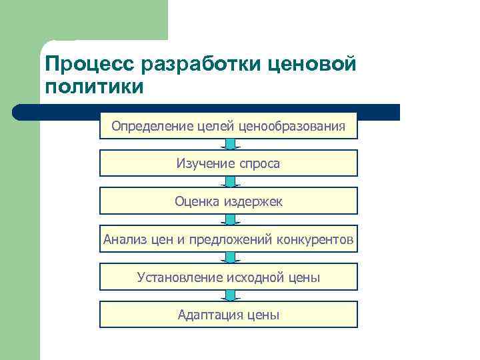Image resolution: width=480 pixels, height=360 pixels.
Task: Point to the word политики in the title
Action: click(93, 87)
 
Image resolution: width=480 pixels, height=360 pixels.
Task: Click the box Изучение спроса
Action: click(229, 163)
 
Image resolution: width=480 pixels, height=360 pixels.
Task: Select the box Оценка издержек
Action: click(229, 201)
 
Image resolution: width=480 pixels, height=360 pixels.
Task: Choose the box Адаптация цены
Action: click(229, 315)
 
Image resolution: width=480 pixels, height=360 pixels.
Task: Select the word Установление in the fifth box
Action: click(178, 277)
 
